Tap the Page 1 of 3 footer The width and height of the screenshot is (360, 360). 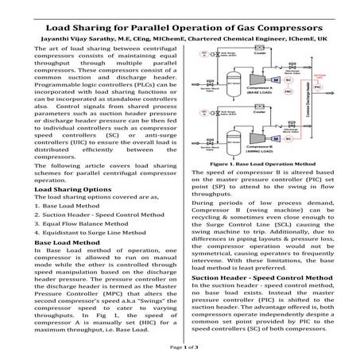coord(180,348)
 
